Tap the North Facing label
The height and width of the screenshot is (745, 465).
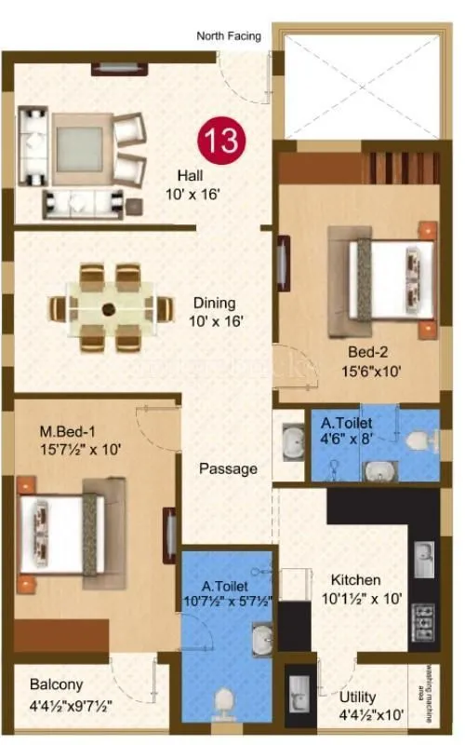[229, 36]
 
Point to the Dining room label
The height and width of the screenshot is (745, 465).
[214, 303]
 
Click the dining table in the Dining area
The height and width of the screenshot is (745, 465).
[109, 308]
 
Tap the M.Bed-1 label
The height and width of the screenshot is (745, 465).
[66, 431]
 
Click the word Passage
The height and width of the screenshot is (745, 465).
[228, 468]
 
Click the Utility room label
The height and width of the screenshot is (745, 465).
[358, 695]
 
